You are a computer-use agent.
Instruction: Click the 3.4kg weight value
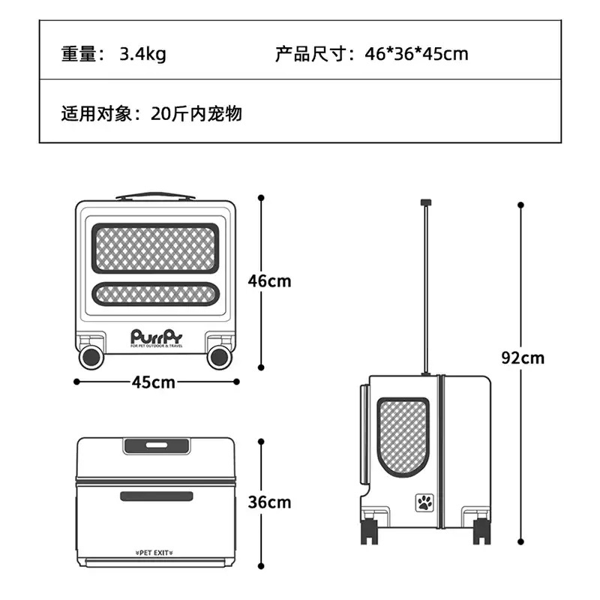point(142,54)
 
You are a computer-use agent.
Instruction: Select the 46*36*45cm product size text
point(416,54)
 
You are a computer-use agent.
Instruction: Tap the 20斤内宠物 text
point(196,114)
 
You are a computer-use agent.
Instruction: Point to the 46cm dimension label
point(269,281)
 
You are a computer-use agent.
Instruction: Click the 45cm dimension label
point(154,382)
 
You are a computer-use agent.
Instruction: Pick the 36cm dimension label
point(269,502)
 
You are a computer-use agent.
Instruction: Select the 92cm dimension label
point(523,358)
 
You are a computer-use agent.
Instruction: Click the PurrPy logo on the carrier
point(157,338)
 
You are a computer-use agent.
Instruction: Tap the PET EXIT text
point(154,553)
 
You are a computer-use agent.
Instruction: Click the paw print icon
point(424,502)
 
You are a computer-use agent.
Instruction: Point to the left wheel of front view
point(91,358)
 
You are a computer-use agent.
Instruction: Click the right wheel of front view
point(219,358)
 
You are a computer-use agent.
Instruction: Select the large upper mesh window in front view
point(155,249)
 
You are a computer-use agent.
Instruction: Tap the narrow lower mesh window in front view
point(155,294)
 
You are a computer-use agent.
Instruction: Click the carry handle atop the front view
point(155,196)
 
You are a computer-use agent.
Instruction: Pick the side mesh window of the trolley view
point(403,437)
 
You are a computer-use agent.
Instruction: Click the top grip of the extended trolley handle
point(426,202)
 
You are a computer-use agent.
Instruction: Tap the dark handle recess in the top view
point(157,445)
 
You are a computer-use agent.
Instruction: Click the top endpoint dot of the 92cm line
point(520,205)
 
